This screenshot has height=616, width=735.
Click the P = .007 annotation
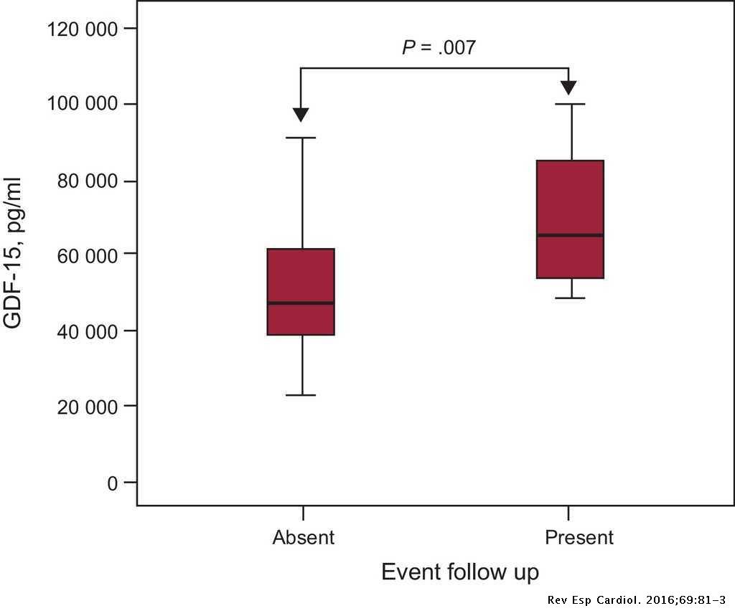438,48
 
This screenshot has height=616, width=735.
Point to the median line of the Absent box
301,303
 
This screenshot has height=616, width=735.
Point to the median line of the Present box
570,235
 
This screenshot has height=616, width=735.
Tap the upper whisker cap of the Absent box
301,138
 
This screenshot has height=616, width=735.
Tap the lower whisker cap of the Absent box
301,395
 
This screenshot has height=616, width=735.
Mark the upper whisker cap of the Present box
570,104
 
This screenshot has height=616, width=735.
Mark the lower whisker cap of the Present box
570,298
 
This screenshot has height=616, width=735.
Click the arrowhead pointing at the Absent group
301,115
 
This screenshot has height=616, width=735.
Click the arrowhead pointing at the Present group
569,87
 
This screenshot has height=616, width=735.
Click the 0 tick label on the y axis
111,483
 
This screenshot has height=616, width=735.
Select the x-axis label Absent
303,537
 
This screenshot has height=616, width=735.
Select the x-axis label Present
579,537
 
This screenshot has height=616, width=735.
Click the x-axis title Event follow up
460,573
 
